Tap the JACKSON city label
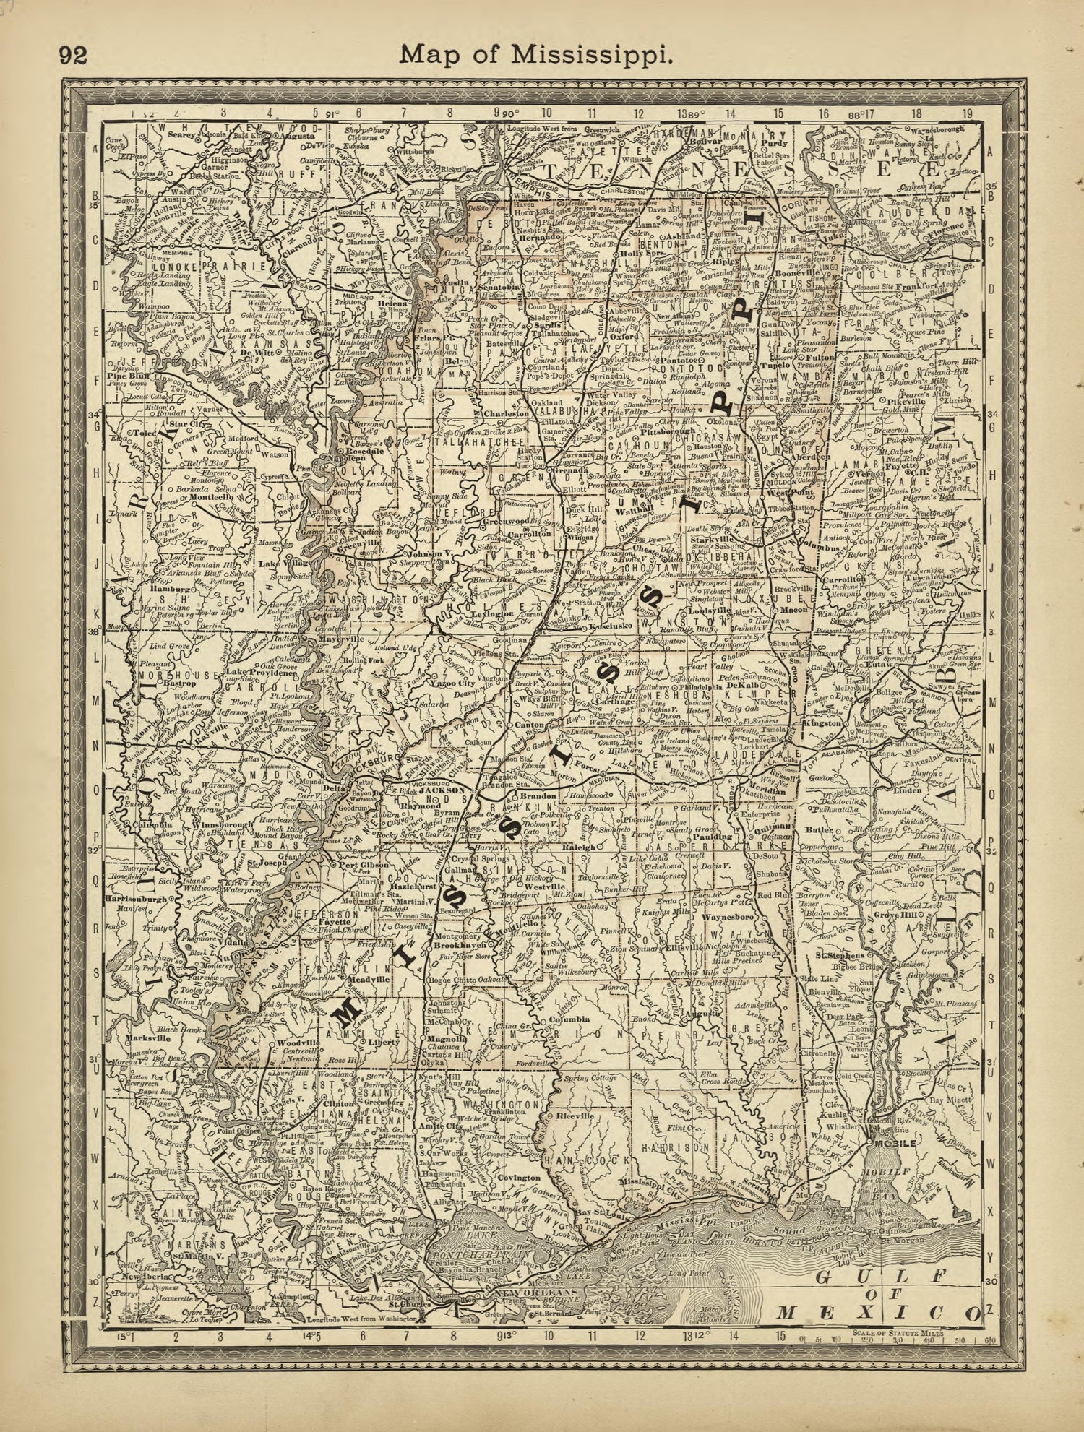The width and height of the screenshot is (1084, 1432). point(446,790)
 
